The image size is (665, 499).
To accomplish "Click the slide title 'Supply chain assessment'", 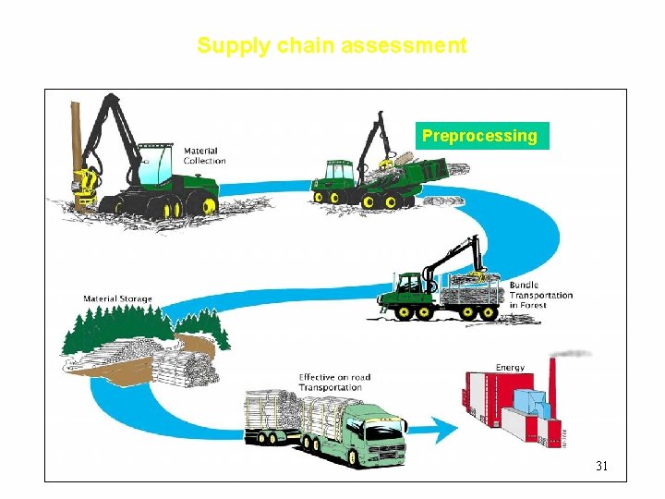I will tap(332, 45).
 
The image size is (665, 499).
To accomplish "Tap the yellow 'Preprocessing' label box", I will tap(480, 136).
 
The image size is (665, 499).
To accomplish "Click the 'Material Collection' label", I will tap(204, 156).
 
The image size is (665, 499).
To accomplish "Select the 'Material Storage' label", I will tap(117, 298).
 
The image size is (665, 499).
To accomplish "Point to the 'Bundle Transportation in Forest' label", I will tap(539, 295).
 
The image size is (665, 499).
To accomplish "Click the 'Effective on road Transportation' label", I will tap(334, 382).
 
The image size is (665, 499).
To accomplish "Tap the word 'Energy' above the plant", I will tap(510, 367).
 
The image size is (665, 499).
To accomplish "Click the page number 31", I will tap(601, 466).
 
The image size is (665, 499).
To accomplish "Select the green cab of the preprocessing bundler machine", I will tap(334, 172).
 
